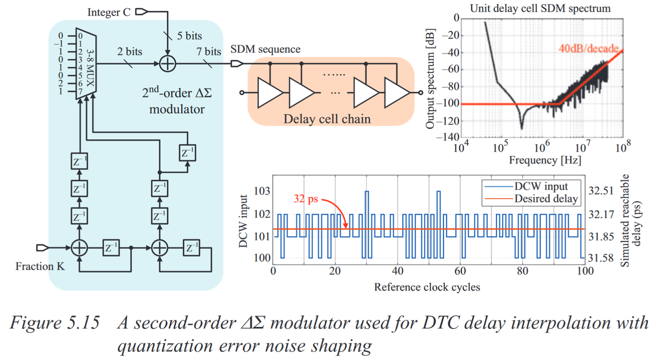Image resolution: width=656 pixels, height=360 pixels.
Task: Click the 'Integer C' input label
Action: pyautogui.click(x=109, y=12)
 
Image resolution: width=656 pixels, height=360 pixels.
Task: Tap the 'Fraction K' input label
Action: pyautogui.click(x=40, y=266)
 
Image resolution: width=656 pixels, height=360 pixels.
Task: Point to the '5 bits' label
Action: pyautogui.click(x=189, y=36)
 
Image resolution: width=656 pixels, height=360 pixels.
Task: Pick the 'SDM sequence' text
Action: pyautogui.click(x=266, y=49)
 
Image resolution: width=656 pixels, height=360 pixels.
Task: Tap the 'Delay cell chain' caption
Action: pyautogui.click(x=327, y=119)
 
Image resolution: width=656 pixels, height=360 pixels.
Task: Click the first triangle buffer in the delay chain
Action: pyautogui.click(x=270, y=92)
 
